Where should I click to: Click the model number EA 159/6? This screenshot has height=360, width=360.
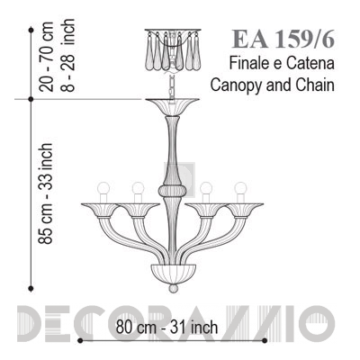283,39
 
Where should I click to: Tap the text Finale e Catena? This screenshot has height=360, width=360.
282,64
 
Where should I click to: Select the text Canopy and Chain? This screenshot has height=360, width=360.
272,85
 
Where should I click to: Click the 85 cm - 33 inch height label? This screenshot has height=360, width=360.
46,193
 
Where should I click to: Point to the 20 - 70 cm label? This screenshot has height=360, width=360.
47,57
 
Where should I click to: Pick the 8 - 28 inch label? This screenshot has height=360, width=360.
67,56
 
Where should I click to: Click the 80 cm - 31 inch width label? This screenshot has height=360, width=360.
166,327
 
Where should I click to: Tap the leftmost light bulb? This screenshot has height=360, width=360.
103,188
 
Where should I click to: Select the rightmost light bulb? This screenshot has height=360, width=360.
240,188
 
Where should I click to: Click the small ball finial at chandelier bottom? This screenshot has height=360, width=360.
174,289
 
